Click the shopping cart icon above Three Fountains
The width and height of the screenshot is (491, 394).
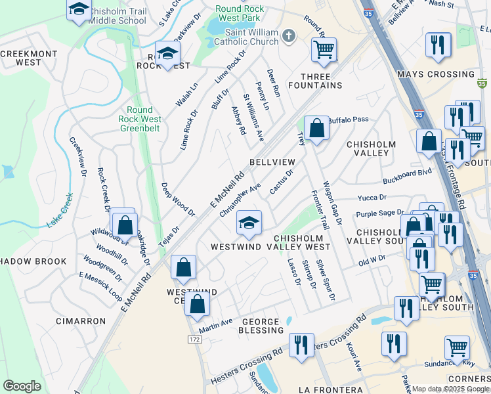324,49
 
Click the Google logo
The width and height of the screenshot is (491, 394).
22,385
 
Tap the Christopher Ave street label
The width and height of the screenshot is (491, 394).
240,200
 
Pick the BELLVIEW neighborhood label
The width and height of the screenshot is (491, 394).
272,162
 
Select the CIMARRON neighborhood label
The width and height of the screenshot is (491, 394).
81,321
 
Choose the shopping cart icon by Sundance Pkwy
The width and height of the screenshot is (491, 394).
457,347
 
